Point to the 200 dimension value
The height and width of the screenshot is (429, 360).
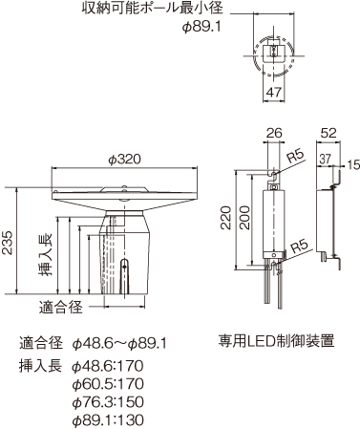click(x=244, y=223)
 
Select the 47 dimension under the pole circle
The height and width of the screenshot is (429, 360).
click(x=274, y=93)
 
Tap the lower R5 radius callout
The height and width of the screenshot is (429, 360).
click(x=299, y=246)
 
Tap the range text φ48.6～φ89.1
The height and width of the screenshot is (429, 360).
click(x=119, y=342)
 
